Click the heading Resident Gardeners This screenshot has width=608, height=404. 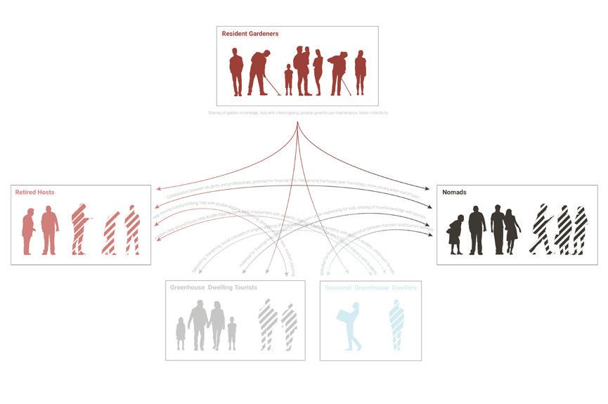pyautogui.click(x=250, y=34)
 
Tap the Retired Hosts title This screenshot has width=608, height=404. pyautogui.click(x=35, y=192)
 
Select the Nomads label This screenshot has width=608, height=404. pyautogui.click(x=454, y=192)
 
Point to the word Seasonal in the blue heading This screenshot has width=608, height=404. pyautogui.click(x=338, y=288)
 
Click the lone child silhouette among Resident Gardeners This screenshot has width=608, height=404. pyautogui.click(x=288, y=79)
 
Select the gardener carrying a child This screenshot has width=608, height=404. pyautogui.click(x=302, y=70)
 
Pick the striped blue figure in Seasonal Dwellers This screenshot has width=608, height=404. pyautogui.click(x=397, y=325)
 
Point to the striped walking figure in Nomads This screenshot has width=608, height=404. pyautogui.click(x=542, y=229)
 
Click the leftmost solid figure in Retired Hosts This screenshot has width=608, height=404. pyautogui.click(x=28, y=232)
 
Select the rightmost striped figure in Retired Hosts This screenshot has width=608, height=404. pyautogui.click(x=132, y=230)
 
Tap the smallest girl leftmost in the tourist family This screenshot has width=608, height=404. pyautogui.click(x=181, y=333)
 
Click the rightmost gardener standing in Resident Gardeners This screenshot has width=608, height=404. pyautogui.click(x=361, y=72)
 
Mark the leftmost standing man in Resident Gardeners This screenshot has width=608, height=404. pyautogui.click(x=236, y=72)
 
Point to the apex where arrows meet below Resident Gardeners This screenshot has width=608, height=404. pyautogui.click(x=298, y=123)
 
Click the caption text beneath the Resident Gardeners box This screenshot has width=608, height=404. pyautogui.click(x=298, y=112)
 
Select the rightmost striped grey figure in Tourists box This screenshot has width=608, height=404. pyautogui.click(x=289, y=326)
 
